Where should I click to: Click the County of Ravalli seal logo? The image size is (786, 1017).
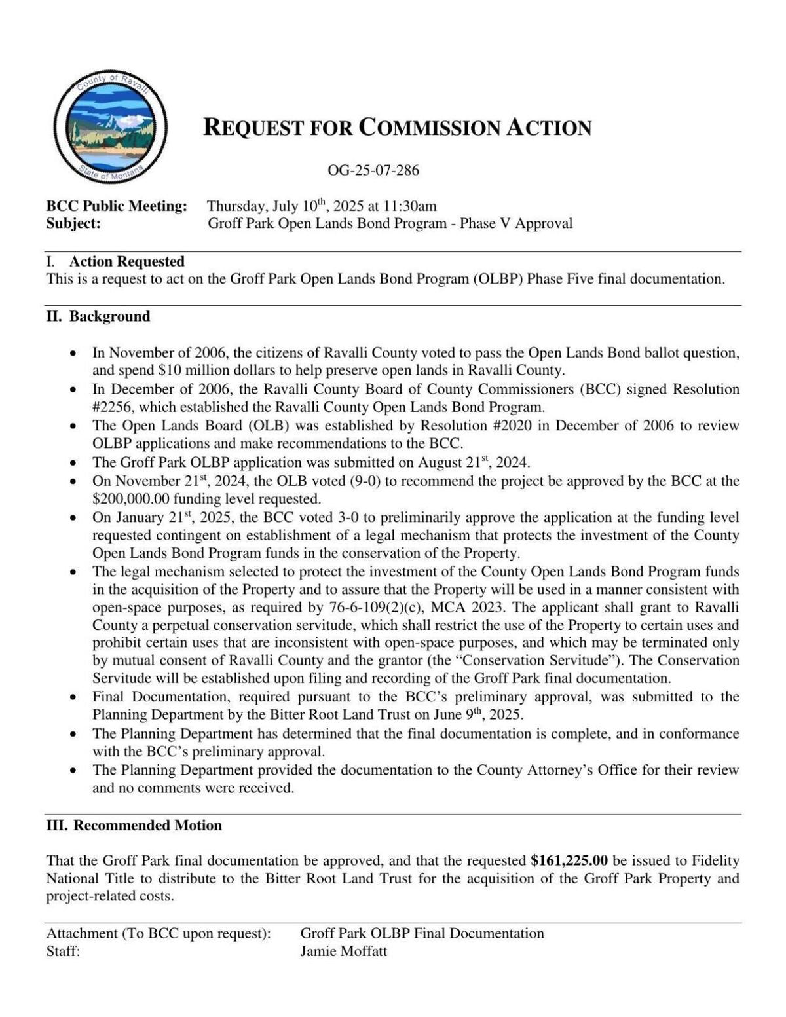[x=110, y=127]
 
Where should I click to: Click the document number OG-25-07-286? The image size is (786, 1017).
[x=373, y=171]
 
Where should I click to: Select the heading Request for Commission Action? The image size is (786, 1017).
[x=397, y=127]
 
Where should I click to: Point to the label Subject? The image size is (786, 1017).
[x=73, y=223]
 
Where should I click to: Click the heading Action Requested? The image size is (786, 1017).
[x=127, y=261]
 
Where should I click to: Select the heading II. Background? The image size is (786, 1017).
[x=98, y=316]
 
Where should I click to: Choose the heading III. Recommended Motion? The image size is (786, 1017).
[x=134, y=825]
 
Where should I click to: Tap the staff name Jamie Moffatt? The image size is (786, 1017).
[x=344, y=952]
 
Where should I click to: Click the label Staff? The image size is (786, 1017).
[x=63, y=952]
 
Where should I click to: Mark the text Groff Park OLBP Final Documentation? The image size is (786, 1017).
[x=422, y=933]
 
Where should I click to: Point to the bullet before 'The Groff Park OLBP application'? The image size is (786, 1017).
[x=75, y=463]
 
